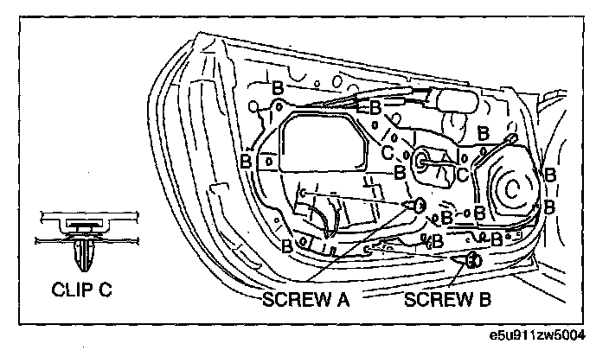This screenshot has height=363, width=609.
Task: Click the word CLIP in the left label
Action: [73, 290]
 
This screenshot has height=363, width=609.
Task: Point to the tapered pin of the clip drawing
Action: [83, 255]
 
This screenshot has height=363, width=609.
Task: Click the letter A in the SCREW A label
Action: [341, 299]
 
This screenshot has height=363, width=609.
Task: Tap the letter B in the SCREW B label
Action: [484, 299]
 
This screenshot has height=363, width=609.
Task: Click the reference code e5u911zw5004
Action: [537, 335]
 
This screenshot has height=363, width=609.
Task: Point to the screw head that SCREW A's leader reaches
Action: [419, 205]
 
